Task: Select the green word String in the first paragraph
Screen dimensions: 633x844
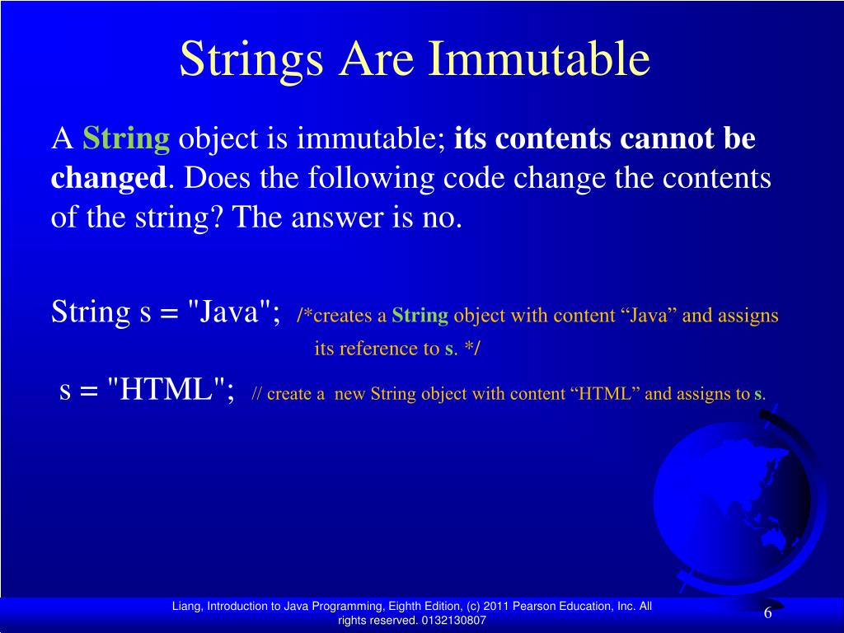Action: [x=126, y=139]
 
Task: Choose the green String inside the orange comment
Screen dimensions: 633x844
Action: [x=420, y=316]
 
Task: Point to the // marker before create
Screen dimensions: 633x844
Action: [x=256, y=394]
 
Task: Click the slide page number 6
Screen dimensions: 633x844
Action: [x=767, y=613]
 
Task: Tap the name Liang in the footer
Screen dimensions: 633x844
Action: [x=185, y=607]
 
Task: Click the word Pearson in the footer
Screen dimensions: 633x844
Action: [x=531, y=607]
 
